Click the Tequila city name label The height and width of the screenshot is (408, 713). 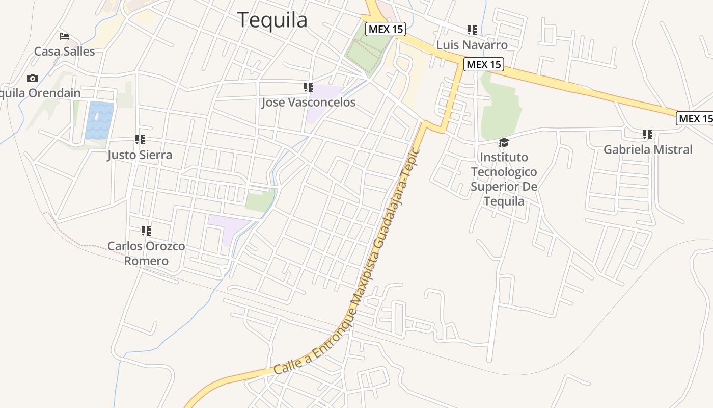(272, 20)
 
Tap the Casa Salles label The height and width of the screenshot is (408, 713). (64, 51)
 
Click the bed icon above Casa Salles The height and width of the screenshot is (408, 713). (64, 36)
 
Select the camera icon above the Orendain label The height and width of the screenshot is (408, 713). (33, 78)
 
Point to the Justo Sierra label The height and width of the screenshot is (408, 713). (140, 155)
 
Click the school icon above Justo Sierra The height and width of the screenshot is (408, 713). (140, 139)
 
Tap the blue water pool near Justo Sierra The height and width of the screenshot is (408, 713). (99, 120)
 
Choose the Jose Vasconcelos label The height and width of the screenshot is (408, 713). (308, 102)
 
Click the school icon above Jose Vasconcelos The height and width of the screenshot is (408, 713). (308, 87)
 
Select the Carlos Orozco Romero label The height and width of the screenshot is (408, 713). (146, 253)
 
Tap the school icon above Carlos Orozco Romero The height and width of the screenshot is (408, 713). (146, 231)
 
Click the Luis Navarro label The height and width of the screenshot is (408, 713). (472, 45)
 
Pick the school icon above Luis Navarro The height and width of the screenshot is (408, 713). (472, 30)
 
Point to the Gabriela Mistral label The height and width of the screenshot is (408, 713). (648, 149)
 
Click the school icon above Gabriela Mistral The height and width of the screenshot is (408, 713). (648, 135)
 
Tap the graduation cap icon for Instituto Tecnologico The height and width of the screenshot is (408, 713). (504, 142)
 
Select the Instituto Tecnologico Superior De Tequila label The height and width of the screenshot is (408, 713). (504, 179)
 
